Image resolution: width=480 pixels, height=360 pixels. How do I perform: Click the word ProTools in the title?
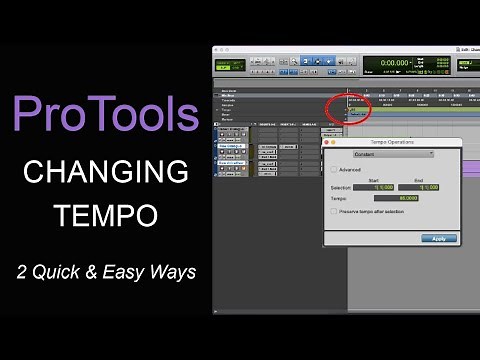(105, 115)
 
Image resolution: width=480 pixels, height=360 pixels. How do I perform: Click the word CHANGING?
(105, 172)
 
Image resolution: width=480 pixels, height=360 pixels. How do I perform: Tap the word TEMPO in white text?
(105, 216)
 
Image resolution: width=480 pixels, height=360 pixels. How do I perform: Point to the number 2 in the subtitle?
(34, 271)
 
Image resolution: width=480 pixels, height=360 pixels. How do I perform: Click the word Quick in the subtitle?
(70, 271)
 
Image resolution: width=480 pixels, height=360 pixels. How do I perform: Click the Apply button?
(439, 238)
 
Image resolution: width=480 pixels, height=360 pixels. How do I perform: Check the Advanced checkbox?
(334, 169)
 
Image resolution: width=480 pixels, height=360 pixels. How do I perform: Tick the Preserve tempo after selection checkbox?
(334, 211)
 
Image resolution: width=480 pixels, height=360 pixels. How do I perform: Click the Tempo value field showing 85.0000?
(399, 198)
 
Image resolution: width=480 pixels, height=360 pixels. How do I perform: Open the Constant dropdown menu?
(393, 154)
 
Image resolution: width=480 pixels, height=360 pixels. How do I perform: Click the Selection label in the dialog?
(341, 187)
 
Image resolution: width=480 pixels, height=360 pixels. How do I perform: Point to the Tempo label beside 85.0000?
(341, 198)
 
